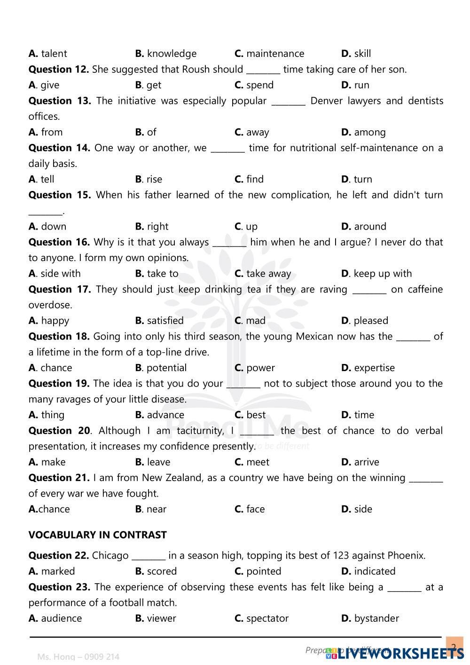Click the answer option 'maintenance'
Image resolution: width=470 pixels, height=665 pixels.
275,54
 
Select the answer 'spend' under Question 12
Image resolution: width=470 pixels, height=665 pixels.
259,85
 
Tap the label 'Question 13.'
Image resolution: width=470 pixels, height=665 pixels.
60,101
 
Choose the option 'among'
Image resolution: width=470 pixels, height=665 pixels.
369,132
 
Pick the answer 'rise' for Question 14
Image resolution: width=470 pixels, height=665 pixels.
154,179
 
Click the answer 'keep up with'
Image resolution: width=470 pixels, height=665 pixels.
382,273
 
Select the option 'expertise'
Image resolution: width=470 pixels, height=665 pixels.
374,368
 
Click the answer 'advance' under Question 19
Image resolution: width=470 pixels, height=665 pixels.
165,415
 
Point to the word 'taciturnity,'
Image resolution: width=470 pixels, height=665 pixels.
198,431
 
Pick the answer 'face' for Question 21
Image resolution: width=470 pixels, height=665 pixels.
255,509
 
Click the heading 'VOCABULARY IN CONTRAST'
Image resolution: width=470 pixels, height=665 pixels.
97,535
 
